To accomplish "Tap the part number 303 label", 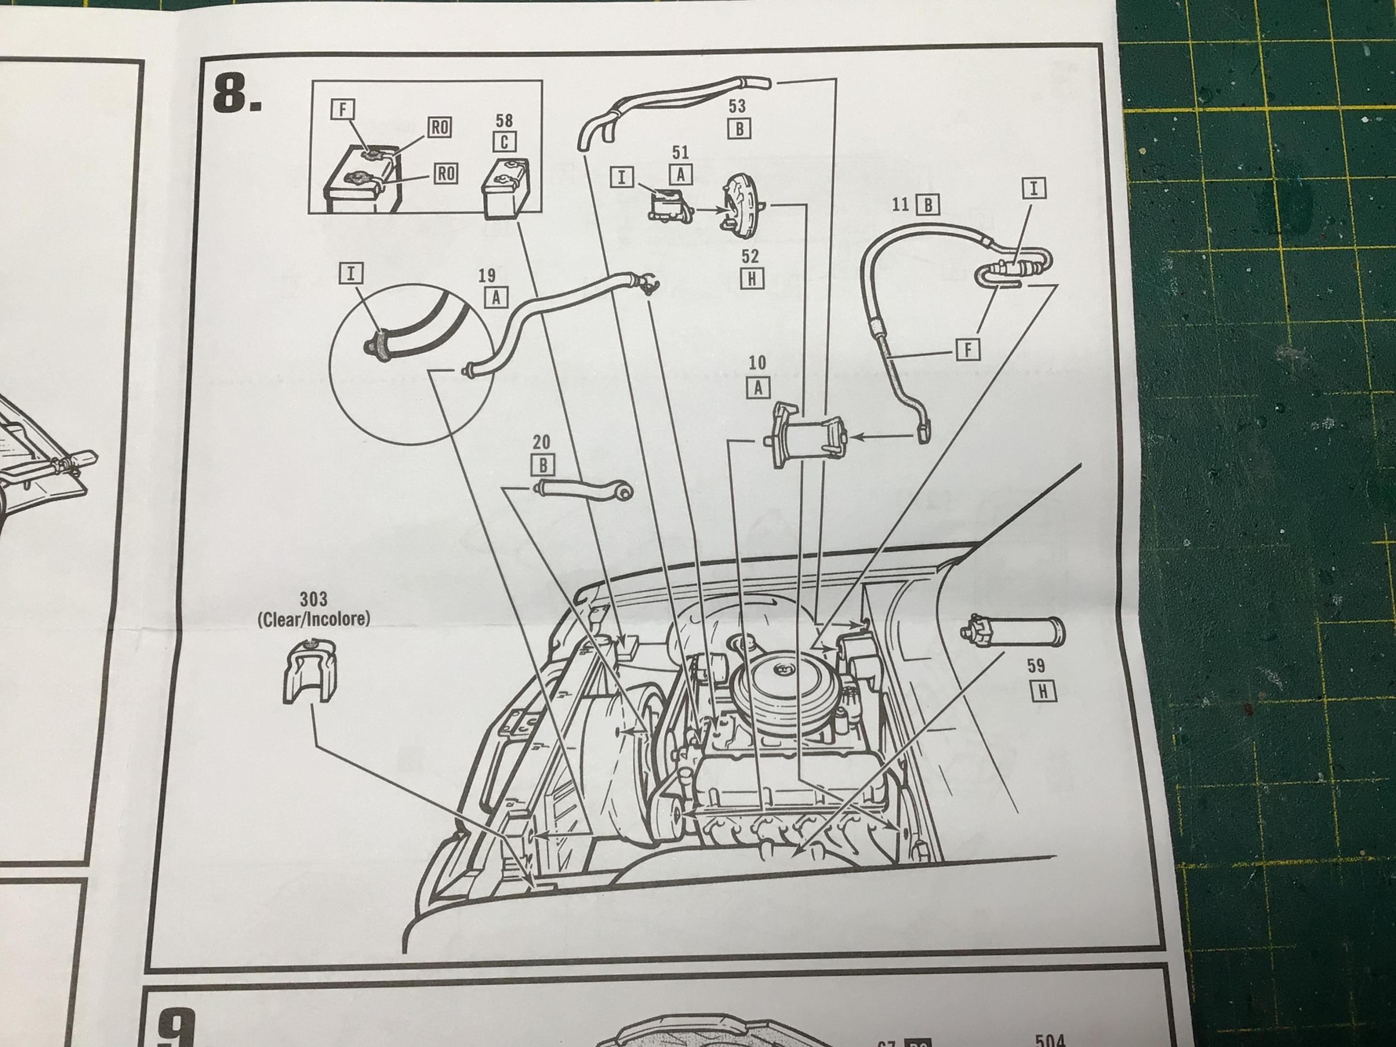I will [x=314, y=598].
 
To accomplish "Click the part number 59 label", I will [x=1036, y=665].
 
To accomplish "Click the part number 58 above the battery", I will [x=504, y=120].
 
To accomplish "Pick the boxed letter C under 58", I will [x=504, y=142].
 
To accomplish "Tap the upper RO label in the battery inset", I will [x=439, y=127].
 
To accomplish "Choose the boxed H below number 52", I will [x=751, y=278].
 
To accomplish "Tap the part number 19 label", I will [x=487, y=275].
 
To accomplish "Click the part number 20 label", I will [x=541, y=443].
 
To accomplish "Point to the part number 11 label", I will [x=901, y=204].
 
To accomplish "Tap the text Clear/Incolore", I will [x=314, y=619].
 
